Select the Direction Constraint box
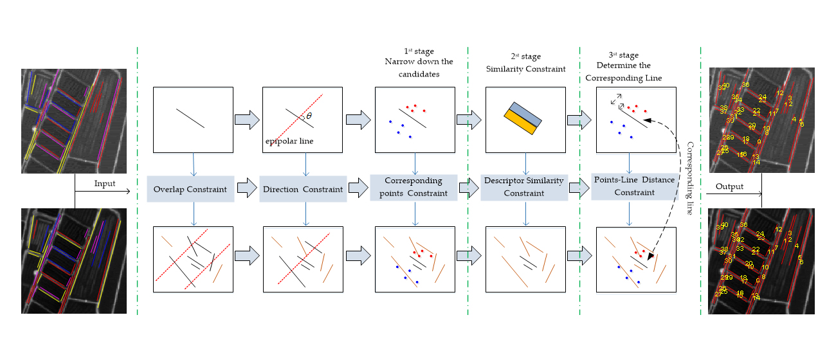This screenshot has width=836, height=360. (x=303, y=190)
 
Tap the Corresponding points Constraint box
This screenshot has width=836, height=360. (x=413, y=187)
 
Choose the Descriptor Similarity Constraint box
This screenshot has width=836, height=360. (x=524, y=187)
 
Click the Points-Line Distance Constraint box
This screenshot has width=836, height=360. (x=634, y=186)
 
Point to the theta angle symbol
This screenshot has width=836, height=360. (x=309, y=116)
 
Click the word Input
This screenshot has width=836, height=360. (x=105, y=184)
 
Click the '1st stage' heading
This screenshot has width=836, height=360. (x=419, y=51)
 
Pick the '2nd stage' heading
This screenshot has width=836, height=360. (x=525, y=57)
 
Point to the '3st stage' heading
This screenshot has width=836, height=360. (x=623, y=55)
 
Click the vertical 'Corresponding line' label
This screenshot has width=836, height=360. (x=690, y=178)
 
